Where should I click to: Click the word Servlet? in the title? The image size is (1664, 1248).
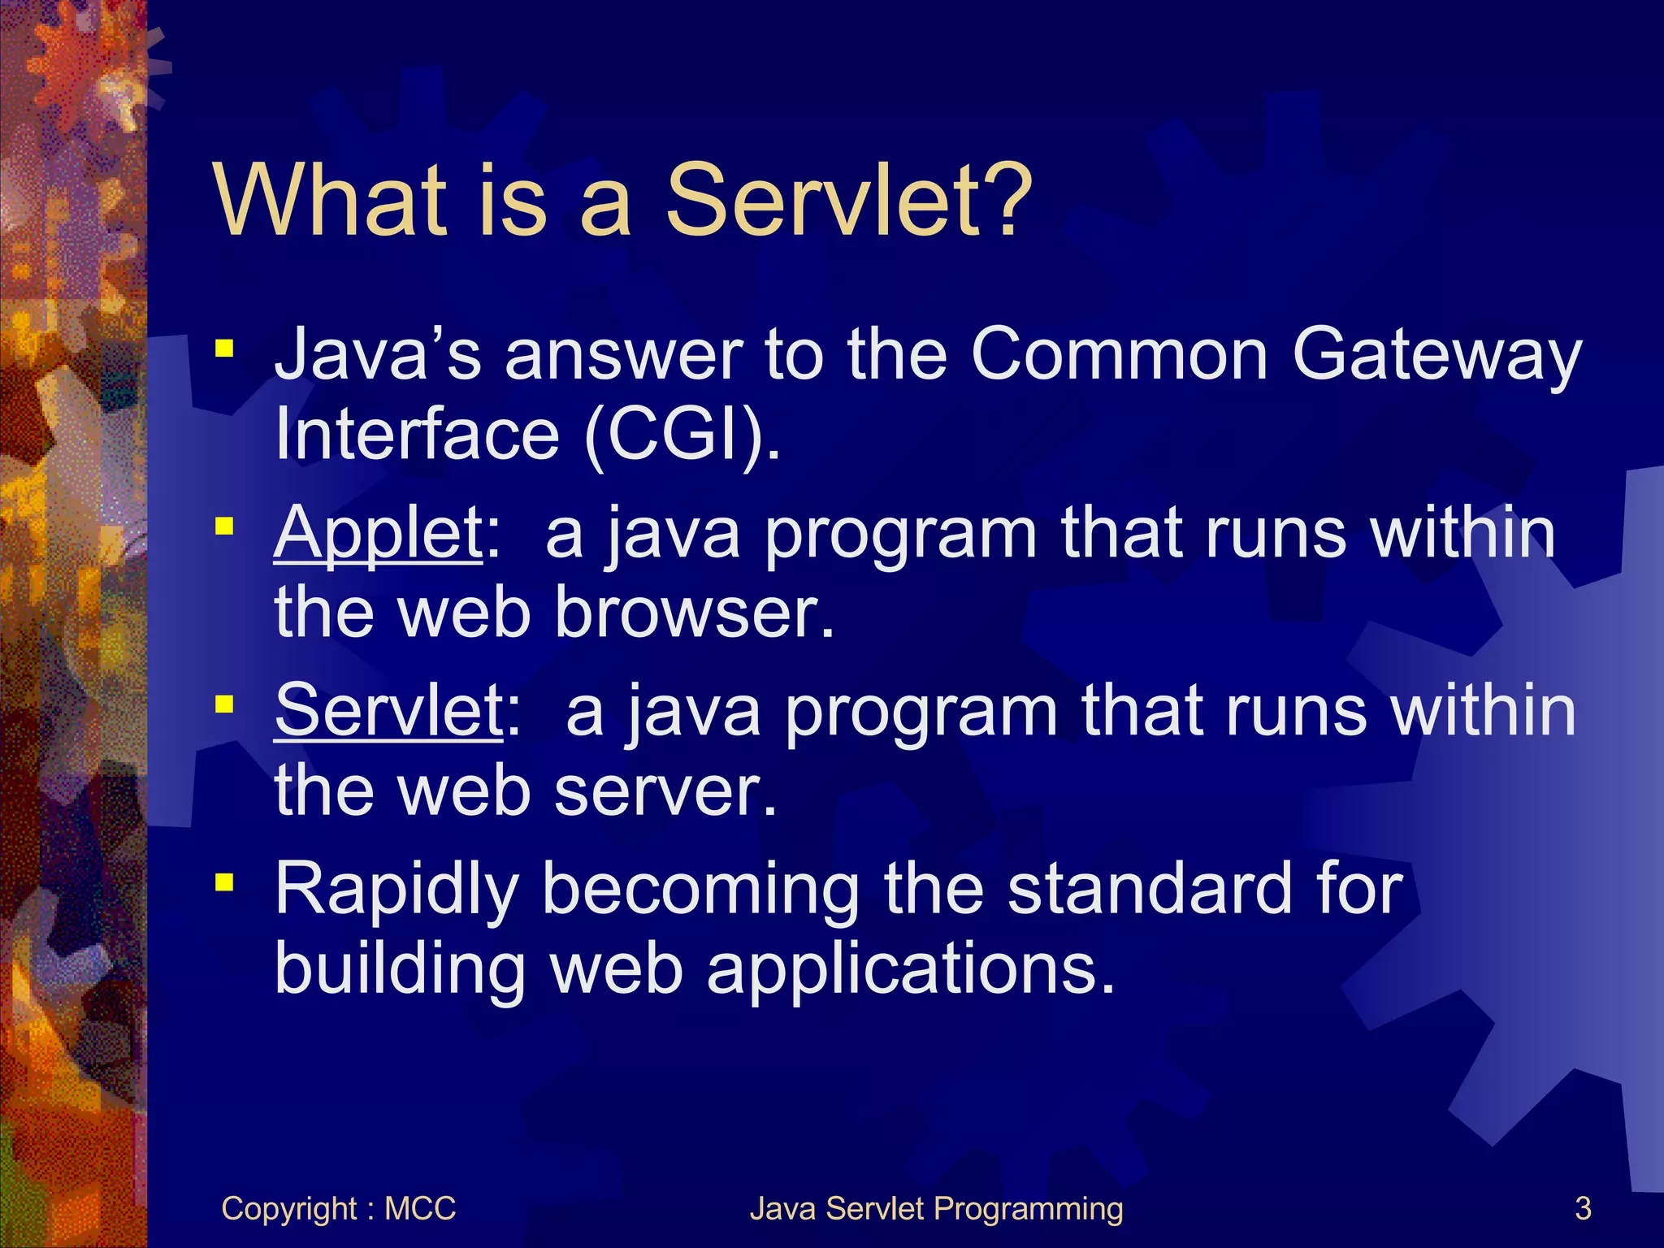[x=848, y=201]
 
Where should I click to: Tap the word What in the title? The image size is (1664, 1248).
[x=331, y=201]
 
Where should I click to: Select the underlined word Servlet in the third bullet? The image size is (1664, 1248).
[x=389, y=711]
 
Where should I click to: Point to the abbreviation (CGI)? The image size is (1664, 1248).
[x=682, y=434]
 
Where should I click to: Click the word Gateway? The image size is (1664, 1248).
[x=1436, y=356]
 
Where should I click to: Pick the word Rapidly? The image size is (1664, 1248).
[x=396, y=890]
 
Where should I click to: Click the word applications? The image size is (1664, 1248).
[x=910, y=970]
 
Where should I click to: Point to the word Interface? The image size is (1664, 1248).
[x=417, y=434]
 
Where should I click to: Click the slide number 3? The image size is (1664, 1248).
[x=1583, y=1208]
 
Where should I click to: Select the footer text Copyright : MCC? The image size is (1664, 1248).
[x=338, y=1208]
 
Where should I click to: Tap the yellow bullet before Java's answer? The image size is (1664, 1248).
[x=224, y=350]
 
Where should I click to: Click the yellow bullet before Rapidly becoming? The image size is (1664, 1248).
[x=224, y=882]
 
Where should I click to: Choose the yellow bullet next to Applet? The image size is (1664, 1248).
[x=224, y=527]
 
